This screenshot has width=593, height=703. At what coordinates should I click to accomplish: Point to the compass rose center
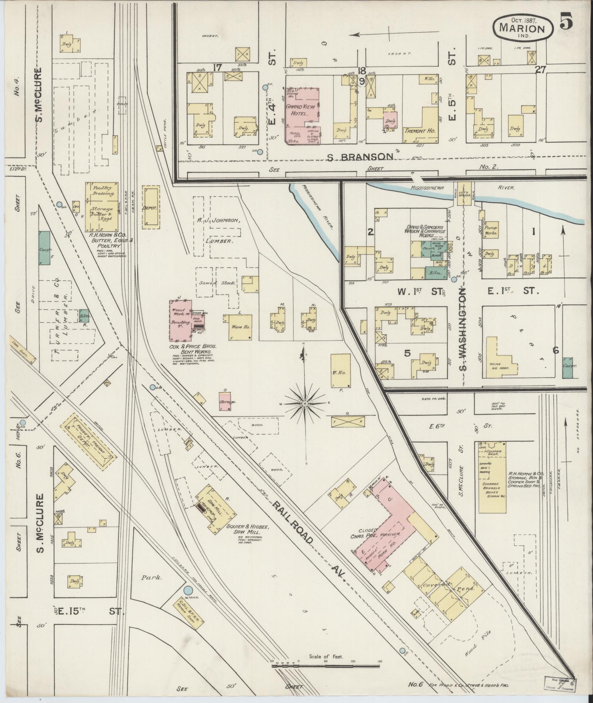pyautogui.click(x=304, y=404)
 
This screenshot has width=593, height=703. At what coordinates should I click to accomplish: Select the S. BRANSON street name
pyautogui.click(x=360, y=157)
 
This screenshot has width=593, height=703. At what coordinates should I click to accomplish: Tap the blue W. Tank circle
pyautogui.click(x=188, y=591)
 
